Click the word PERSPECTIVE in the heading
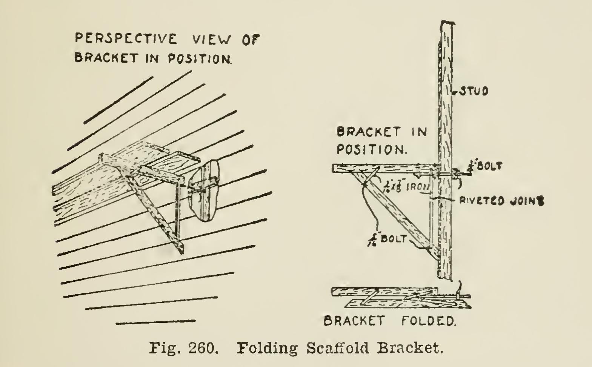click(126, 39)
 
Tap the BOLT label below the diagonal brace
click(392, 239)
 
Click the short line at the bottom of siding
click(155, 322)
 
